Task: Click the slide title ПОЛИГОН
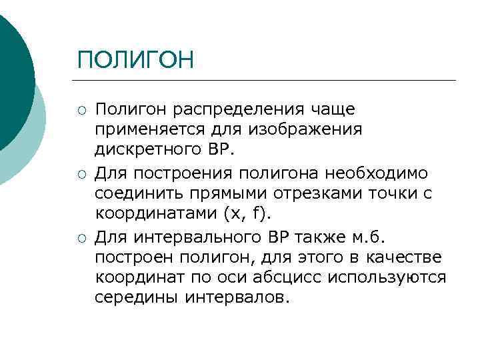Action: coord(135,60)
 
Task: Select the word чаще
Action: coord(333,109)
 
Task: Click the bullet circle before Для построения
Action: coord(82,174)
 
